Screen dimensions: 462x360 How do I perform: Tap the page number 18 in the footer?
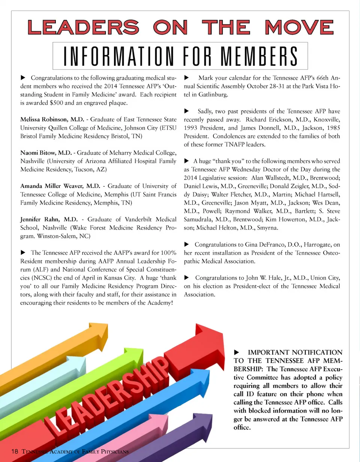15,451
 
